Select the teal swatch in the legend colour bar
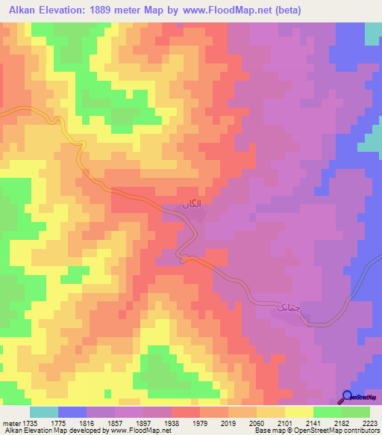44,412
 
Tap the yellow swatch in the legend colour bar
299,412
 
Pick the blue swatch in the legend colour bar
72,412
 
